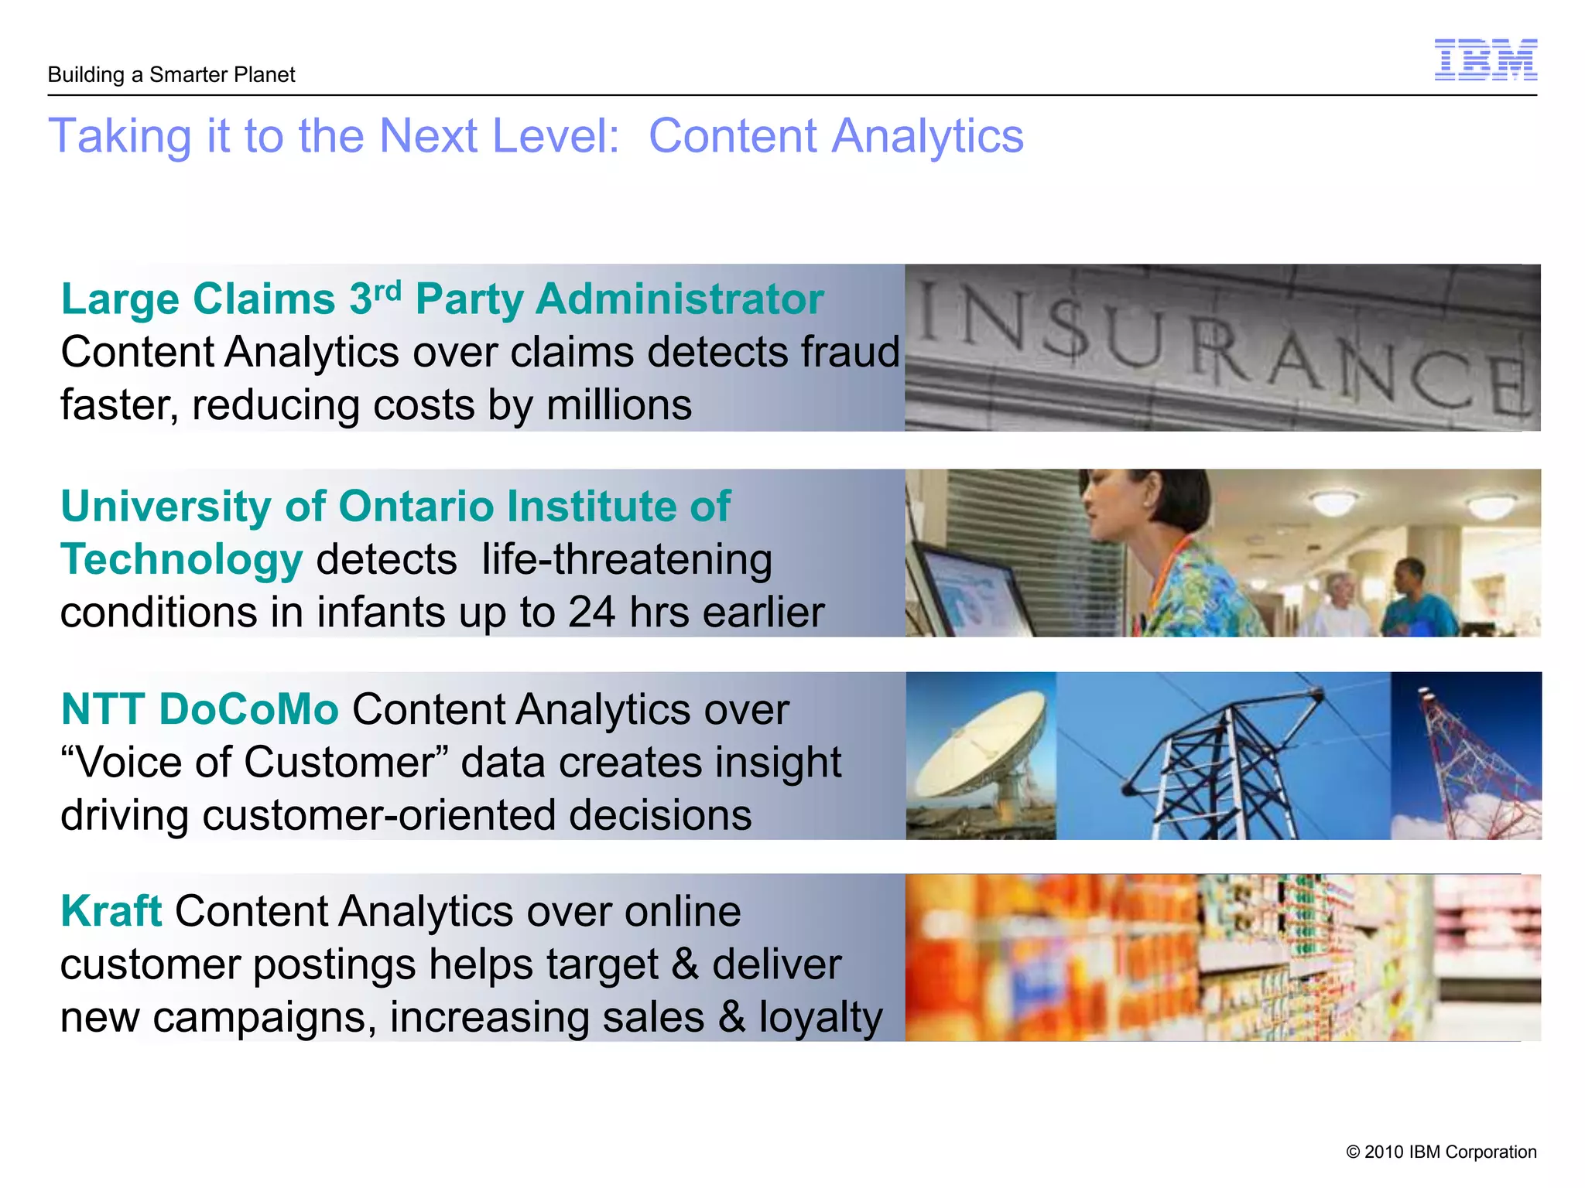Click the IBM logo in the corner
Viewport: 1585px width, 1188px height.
point(1485,60)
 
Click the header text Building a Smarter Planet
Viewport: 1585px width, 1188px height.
point(171,75)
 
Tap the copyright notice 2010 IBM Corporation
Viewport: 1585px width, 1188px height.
point(1441,1152)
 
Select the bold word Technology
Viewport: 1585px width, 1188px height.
point(181,560)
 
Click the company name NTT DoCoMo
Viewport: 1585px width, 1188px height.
point(200,709)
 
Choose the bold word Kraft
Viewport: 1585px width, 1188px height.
point(111,911)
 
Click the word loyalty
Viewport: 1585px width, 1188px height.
point(820,1017)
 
